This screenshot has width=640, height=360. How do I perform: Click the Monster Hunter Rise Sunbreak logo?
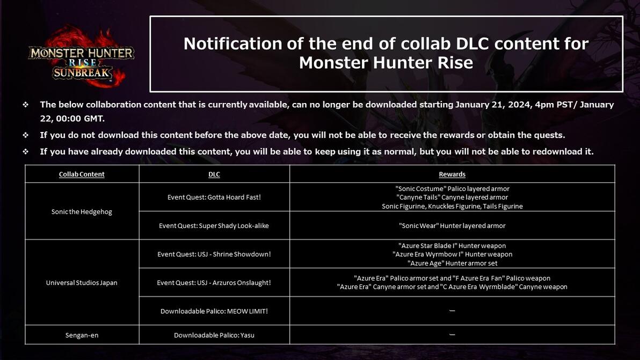click(81, 57)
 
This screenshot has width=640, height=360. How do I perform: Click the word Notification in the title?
click(232, 43)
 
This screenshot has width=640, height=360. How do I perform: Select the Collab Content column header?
click(82, 174)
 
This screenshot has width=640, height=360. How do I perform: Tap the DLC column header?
click(214, 174)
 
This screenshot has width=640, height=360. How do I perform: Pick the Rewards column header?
click(452, 174)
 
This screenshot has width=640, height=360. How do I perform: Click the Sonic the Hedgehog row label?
click(82, 211)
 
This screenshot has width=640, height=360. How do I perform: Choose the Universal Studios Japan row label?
click(82, 283)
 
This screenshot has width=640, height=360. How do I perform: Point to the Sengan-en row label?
click(82, 335)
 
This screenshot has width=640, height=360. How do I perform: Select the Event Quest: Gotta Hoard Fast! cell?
click(214, 197)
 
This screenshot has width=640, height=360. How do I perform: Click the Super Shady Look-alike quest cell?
click(214, 225)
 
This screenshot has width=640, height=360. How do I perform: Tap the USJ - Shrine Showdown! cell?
click(214, 254)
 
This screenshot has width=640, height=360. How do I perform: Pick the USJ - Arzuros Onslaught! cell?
click(214, 283)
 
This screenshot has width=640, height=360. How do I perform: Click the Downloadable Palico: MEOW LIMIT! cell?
click(214, 311)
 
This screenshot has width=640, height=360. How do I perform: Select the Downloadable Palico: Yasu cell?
click(214, 335)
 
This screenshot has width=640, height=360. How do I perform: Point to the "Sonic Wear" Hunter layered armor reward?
click(452, 225)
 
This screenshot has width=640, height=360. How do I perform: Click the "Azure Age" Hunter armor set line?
click(452, 263)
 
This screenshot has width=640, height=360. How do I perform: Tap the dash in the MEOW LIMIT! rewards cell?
click(452, 310)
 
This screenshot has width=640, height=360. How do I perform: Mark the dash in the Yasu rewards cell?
click(452, 334)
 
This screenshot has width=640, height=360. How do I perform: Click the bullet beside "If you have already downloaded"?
click(26, 152)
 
